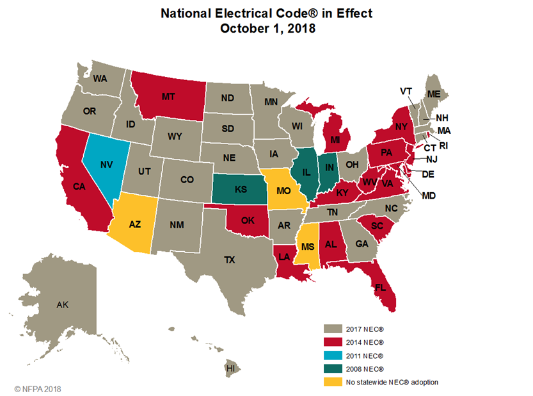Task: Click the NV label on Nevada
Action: pyautogui.click(x=106, y=164)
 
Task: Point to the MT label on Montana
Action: pyautogui.click(x=168, y=97)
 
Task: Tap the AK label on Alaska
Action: pyautogui.click(x=62, y=305)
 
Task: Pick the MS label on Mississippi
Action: pyautogui.click(x=307, y=247)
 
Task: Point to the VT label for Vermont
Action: pyautogui.click(x=406, y=91)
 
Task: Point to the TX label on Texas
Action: pyautogui.click(x=228, y=260)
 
